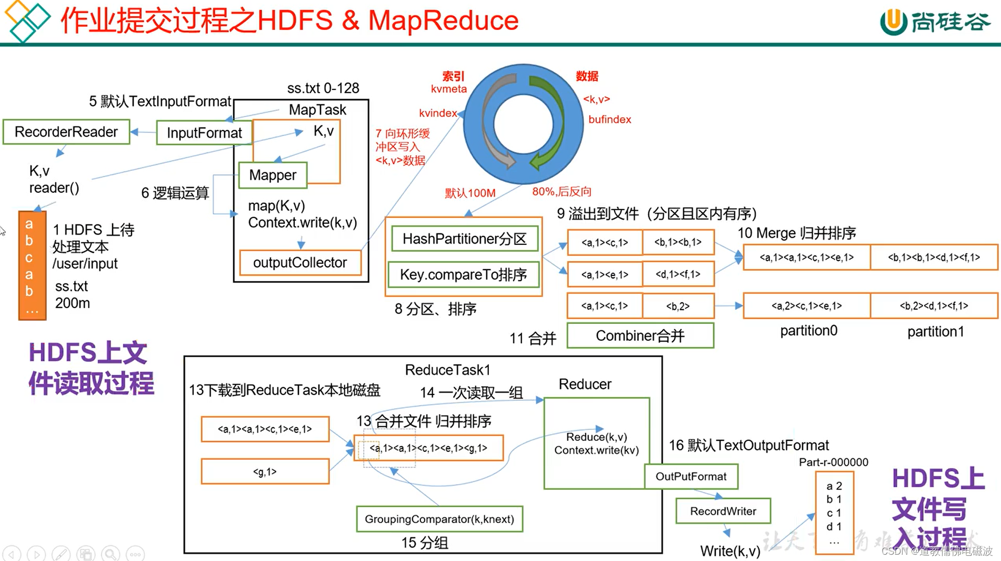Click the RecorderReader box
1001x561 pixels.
pos(66,132)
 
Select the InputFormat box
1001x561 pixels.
pos(204,133)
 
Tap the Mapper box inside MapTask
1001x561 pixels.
pos(273,175)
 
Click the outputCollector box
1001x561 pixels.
pos(300,262)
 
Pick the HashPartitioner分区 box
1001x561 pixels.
pos(465,239)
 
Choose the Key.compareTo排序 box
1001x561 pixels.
pos(464,274)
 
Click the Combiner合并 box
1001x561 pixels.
pos(640,336)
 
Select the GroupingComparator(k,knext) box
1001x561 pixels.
pos(439,519)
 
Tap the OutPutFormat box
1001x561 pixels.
pos(691,476)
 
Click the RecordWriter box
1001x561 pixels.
pos(723,511)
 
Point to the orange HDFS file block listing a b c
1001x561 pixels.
pos(32,265)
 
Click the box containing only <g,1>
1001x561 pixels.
pos(265,471)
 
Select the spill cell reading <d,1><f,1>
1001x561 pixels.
pos(678,274)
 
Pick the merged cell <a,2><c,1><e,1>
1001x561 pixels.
pos(806,306)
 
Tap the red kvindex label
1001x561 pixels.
pos(438,113)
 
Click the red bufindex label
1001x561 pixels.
pos(609,120)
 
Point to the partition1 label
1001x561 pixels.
pos(935,331)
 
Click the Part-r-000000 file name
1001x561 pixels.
pos(833,462)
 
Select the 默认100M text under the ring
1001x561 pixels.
pos(470,193)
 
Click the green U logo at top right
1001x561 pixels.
pos(893,22)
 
